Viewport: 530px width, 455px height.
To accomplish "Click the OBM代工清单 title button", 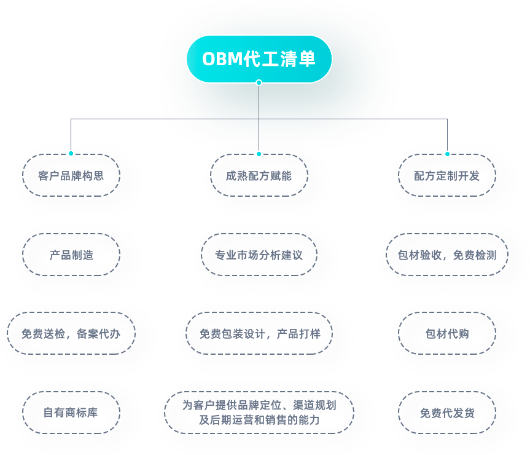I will [259, 58].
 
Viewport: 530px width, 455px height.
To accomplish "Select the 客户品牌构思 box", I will [71, 175].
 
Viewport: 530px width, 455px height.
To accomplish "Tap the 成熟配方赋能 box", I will [259, 175].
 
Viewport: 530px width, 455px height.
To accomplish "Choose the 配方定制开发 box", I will [446, 175].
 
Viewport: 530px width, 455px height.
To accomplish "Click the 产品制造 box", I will [71, 255].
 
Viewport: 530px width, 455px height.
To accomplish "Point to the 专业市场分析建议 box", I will [259, 255].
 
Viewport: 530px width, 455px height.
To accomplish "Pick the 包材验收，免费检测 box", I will [446, 255].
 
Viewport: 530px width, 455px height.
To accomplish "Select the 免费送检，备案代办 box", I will [71, 333].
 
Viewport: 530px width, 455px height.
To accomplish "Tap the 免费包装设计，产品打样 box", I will [259, 333].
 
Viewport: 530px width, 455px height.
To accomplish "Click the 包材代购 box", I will [446, 333].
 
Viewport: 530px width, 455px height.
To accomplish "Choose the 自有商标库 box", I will [71, 413].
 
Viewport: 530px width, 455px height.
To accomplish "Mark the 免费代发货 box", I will [446, 413].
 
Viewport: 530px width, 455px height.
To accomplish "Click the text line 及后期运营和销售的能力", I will [259, 419].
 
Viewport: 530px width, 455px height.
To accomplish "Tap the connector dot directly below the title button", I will [259, 82].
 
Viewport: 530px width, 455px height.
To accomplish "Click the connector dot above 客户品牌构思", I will [71, 153].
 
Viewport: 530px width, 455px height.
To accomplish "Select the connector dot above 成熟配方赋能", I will [259, 154].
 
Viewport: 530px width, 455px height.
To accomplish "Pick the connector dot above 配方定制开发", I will [447, 154].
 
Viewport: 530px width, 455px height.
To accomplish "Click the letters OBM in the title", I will [222, 59].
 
